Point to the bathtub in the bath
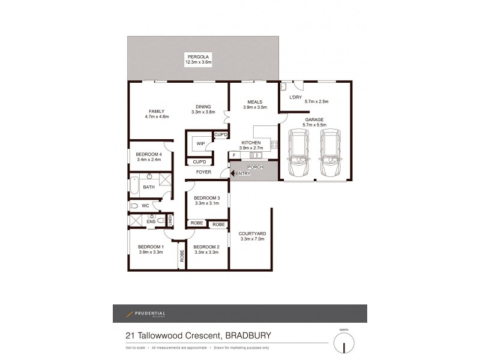coord(135,187)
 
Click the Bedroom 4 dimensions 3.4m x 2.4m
coord(149,160)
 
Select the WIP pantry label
coord(200,144)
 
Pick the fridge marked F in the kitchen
coord(234,155)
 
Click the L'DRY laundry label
coord(295,97)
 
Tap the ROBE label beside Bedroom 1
coord(181,256)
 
